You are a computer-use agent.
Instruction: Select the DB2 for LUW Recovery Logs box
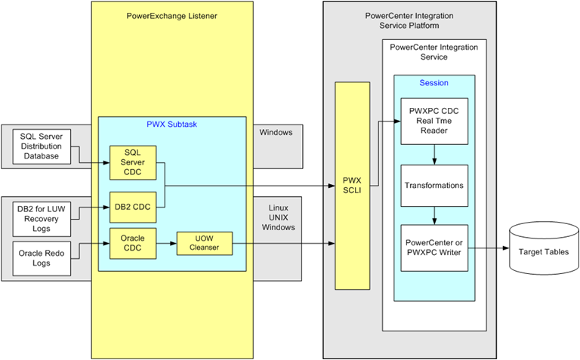point(42,215)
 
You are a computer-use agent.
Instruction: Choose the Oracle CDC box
point(132,242)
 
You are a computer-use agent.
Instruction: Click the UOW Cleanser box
point(203,242)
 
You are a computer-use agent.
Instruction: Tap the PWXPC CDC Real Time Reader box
point(433,121)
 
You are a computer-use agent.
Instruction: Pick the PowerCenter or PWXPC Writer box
point(433,247)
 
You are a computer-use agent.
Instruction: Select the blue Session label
point(433,82)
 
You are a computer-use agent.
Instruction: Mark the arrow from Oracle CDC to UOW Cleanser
point(166,243)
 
